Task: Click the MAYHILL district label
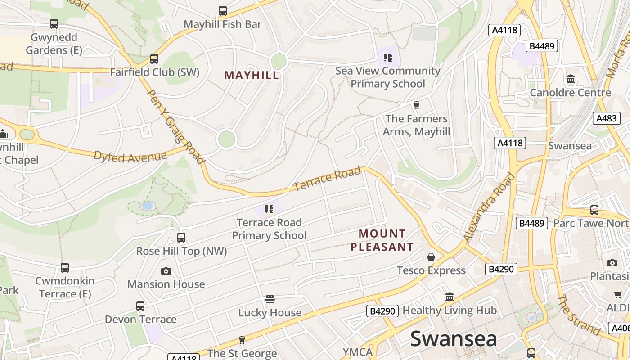pyautogui.click(x=252, y=75)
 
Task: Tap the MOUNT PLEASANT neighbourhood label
pyautogui.click(x=382, y=240)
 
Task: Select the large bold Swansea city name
pyautogui.click(x=453, y=339)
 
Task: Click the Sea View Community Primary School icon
pyautogui.click(x=387, y=58)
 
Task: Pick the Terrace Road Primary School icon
pyautogui.click(x=269, y=209)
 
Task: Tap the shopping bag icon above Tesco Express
pyautogui.click(x=431, y=257)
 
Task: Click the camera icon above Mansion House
pyautogui.click(x=166, y=271)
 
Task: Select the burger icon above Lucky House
pyautogui.click(x=270, y=299)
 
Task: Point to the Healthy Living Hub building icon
pyautogui.click(x=450, y=297)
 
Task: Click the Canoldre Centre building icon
pyautogui.click(x=571, y=80)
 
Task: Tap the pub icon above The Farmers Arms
pyautogui.click(x=417, y=105)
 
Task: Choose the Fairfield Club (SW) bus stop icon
pyautogui.click(x=154, y=59)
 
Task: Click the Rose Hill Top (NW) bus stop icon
pyautogui.click(x=181, y=238)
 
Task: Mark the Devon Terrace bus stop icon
pyautogui.click(x=140, y=306)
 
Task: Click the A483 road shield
pyautogui.click(x=606, y=118)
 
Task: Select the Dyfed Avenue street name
pyautogui.click(x=130, y=156)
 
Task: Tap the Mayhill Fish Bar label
pyautogui.click(x=222, y=24)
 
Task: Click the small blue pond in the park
pyautogui.click(x=147, y=206)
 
